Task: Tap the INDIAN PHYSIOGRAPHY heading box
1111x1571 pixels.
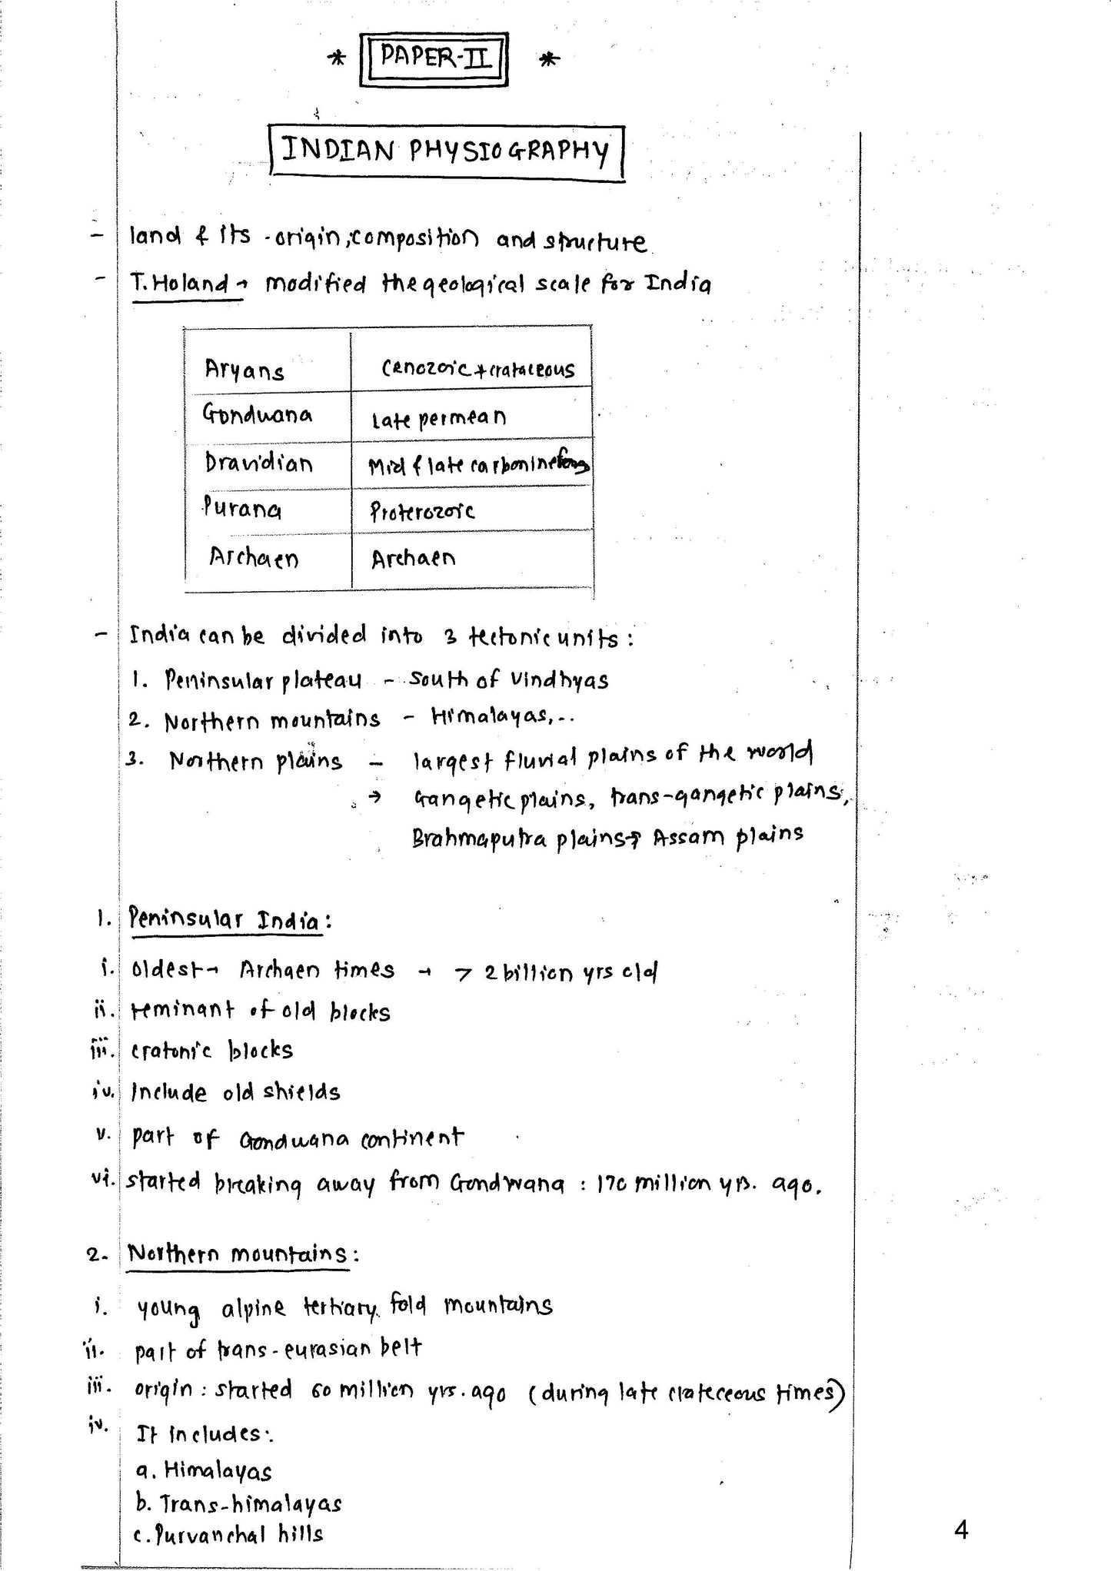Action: [x=446, y=151]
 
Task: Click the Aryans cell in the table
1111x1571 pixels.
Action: [x=244, y=371]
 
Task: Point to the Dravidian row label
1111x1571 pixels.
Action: [x=258, y=463]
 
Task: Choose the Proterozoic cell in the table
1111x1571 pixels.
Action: [x=422, y=511]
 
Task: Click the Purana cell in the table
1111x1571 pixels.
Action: [x=242, y=509]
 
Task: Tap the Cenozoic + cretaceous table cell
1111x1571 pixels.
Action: [x=477, y=370]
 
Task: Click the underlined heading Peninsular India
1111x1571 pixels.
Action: [x=225, y=919]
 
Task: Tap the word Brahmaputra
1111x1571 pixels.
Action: [x=479, y=838]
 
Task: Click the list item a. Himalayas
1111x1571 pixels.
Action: [x=204, y=1471]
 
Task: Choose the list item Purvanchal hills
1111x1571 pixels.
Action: [x=229, y=1534]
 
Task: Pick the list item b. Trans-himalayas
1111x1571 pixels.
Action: [x=238, y=1503]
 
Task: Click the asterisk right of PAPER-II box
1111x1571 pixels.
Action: [x=548, y=60]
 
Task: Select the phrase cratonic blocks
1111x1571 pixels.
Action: [x=212, y=1051]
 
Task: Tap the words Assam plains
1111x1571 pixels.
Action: [x=728, y=835]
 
